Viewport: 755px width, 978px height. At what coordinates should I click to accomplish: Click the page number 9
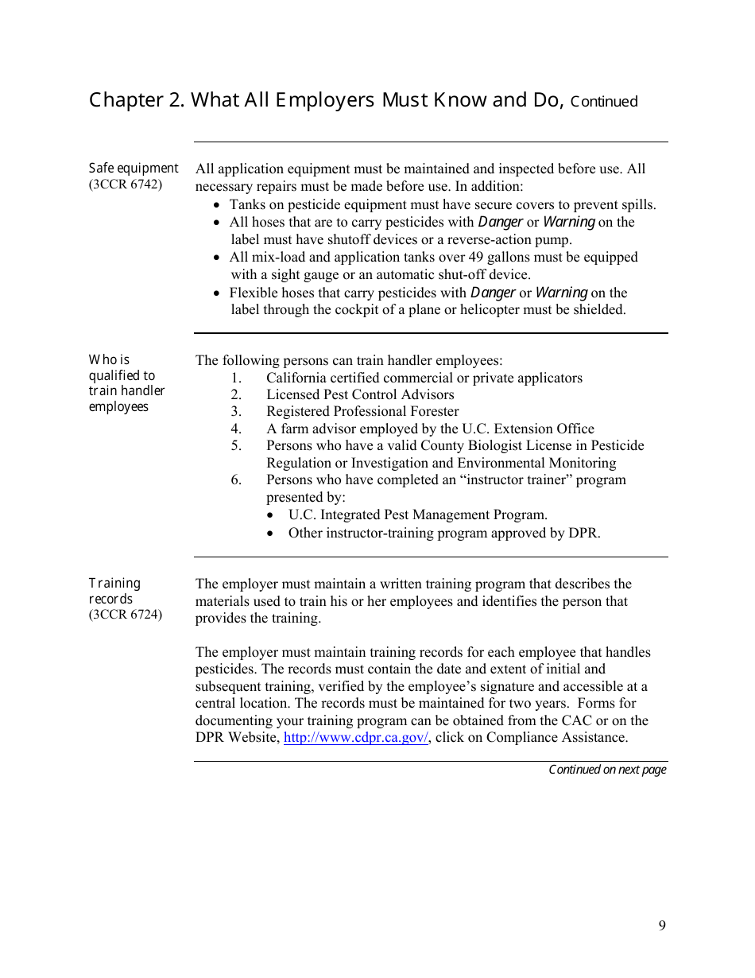[x=662, y=925]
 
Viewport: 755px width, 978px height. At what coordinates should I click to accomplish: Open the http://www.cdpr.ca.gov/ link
[x=355, y=737]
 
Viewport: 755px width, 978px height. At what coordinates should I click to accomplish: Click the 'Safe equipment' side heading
[x=134, y=168]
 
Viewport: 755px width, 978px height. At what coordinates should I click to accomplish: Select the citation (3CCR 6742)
[x=125, y=184]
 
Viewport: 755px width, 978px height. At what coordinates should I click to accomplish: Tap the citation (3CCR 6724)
[x=125, y=615]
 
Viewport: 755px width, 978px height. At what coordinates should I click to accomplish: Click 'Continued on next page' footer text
[x=607, y=770]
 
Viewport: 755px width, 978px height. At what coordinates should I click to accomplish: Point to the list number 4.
[x=236, y=429]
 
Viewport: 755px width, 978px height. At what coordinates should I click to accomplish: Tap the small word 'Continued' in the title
[x=604, y=102]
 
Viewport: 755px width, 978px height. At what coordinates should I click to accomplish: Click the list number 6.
[x=236, y=479]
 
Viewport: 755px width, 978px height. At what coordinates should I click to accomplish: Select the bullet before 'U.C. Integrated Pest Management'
[x=272, y=515]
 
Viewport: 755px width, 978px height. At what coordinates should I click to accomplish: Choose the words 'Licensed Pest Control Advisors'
[x=360, y=394]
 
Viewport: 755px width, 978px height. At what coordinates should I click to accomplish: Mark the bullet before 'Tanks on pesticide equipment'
[x=218, y=205]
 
